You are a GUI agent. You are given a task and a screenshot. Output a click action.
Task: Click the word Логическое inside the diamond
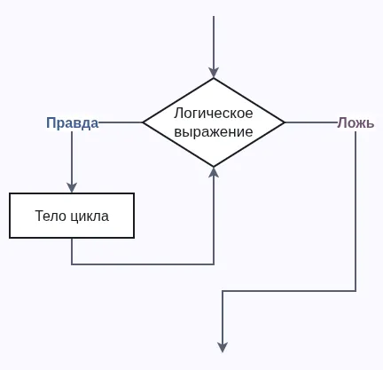[214, 114]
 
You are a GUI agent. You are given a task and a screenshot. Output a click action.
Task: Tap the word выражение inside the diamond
[214, 132]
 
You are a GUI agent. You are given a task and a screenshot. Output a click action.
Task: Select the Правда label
[72, 123]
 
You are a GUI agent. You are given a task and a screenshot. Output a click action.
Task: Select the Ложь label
[356, 123]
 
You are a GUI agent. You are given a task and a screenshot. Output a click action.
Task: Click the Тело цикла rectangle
[72, 216]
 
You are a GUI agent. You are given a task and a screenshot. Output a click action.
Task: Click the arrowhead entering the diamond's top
[214, 73]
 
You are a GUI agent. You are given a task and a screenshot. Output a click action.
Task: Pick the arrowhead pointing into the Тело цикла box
[72, 188]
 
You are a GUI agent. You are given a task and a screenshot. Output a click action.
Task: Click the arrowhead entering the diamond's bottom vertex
[214, 172]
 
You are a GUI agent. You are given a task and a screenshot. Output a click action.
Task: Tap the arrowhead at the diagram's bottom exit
[223, 347]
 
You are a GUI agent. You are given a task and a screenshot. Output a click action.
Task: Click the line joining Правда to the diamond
[121, 122]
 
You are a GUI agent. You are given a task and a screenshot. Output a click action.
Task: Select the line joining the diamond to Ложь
[310, 122]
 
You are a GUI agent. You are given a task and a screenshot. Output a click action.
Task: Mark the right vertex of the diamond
[285, 122]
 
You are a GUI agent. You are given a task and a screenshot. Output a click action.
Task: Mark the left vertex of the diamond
[144, 122]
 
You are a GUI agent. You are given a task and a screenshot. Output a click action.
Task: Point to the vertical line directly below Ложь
[356, 213]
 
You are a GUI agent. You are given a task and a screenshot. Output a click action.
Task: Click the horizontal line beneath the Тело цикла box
[142, 264]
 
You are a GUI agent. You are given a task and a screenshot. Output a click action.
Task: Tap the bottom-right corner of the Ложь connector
[356, 291]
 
